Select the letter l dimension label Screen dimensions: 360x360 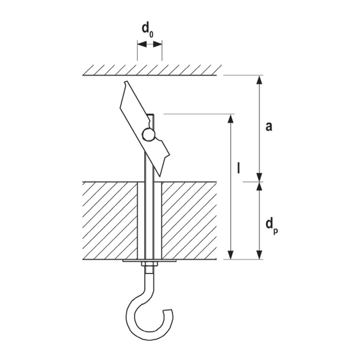pos(239,168)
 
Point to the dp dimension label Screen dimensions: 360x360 pos(272,227)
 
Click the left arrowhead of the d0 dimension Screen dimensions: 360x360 pos(142,44)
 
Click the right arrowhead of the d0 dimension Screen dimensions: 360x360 pos(157,44)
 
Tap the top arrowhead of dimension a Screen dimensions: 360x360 pos(259,80)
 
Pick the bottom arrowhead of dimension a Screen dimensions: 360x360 pos(259,177)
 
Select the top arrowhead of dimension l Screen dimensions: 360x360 pos(231,119)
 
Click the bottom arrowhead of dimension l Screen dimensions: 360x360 pos(231,255)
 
